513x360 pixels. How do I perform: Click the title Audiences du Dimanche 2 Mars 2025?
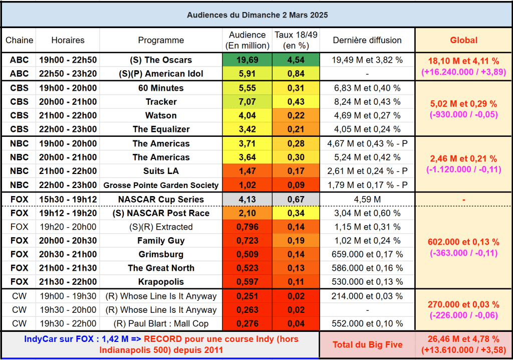pos(258,15)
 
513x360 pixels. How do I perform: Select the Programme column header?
pos(161,40)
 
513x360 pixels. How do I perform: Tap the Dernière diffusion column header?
pos(367,40)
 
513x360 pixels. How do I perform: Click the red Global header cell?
pos(463,40)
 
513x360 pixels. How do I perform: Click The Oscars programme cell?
pos(161,60)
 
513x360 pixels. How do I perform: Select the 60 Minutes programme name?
pos(161,88)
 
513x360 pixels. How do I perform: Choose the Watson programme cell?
pos(161,115)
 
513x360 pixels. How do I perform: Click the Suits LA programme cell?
pos(161,171)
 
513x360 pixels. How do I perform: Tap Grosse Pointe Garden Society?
pos(161,185)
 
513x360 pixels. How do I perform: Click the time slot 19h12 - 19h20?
pos(68,213)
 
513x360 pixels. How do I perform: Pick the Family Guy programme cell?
pos(161,241)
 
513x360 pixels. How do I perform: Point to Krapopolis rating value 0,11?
pos(296,282)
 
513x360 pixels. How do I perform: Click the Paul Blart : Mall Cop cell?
pos(161,323)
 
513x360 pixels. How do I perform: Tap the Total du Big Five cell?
pos(368,345)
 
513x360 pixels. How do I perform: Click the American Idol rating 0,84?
pos(296,74)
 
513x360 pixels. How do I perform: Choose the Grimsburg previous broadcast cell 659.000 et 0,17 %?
pos(367,254)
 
